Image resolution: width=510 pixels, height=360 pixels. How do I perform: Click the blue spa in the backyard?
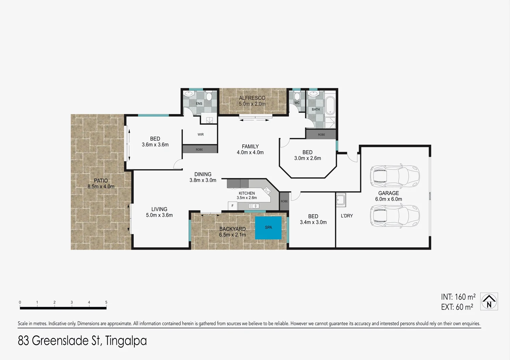pos(268,228)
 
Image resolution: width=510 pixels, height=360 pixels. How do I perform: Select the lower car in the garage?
pos(394,216)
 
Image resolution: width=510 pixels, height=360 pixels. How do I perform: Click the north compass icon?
pos(489,301)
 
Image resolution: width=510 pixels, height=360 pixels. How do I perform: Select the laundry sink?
pos(341,200)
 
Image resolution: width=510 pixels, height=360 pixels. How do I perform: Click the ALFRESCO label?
pos(252,98)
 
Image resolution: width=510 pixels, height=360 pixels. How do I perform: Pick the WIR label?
pos(200,135)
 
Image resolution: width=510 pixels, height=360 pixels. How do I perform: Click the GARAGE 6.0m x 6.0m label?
pos(389,196)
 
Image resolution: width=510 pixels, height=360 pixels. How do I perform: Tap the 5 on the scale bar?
pos(106,302)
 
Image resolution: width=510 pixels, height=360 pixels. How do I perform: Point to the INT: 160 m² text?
pos(458,297)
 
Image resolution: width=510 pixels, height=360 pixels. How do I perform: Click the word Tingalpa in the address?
pos(126,341)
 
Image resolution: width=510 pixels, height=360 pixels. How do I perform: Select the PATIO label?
pos(101,181)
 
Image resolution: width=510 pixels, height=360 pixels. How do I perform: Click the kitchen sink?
pos(254,206)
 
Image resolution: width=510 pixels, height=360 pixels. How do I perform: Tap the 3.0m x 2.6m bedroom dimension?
pos(308,158)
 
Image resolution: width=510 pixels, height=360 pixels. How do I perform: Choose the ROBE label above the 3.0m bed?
pos(321,135)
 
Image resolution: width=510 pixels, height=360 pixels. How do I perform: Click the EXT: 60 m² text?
pos(457,307)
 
